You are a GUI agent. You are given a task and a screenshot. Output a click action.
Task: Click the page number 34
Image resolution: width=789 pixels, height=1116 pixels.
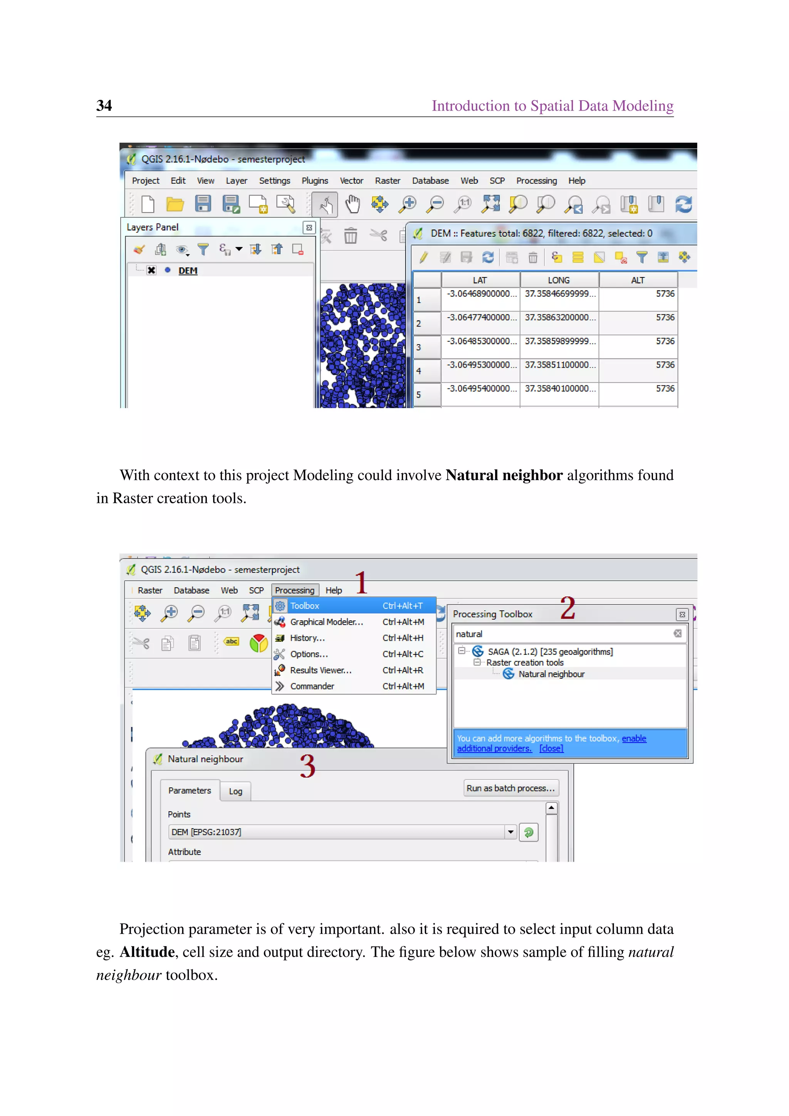104,106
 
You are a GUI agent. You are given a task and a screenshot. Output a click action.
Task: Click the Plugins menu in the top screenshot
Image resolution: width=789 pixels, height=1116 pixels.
314,181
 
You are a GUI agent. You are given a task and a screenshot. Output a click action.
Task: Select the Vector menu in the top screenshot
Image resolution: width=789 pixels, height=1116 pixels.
351,181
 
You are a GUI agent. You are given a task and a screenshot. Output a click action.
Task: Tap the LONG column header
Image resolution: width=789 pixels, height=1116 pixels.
558,281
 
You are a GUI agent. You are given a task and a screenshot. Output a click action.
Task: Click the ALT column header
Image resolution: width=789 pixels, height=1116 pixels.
638,281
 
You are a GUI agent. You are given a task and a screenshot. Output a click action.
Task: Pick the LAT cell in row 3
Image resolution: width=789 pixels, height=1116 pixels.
480,341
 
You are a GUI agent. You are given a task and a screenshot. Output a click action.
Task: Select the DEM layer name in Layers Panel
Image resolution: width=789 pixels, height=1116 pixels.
188,271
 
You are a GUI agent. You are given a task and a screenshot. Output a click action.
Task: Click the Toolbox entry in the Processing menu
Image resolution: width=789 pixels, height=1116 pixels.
305,606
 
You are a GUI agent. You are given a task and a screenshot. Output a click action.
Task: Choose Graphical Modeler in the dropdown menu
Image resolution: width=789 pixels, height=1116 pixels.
326,622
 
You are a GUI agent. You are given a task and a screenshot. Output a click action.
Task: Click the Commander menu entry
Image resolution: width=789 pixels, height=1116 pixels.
312,686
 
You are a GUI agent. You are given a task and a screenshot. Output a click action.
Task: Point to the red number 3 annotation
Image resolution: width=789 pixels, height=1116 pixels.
307,766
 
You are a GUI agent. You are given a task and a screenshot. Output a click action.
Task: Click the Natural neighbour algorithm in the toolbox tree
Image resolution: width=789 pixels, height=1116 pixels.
551,674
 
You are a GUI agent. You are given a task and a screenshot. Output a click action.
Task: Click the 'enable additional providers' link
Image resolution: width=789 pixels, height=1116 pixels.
634,738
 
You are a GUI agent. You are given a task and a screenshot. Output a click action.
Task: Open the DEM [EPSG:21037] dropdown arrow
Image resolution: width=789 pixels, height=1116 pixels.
510,832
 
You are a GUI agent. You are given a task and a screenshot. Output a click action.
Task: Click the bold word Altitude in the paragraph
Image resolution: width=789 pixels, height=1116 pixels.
147,952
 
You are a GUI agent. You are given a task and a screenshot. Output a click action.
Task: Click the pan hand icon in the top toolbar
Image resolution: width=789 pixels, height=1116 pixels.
352,204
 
